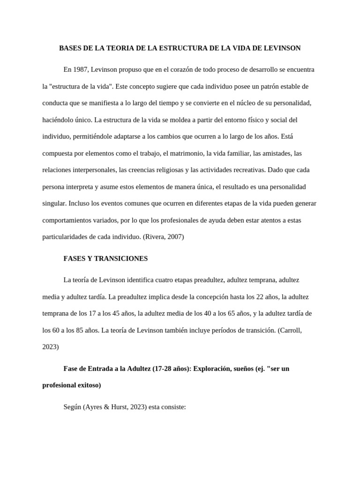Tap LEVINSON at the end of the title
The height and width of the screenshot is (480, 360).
pyautogui.click(x=282, y=48)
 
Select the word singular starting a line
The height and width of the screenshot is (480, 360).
pyautogui.click(x=54, y=203)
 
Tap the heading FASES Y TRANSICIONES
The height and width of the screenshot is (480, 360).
pyautogui.click(x=105, y=258)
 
